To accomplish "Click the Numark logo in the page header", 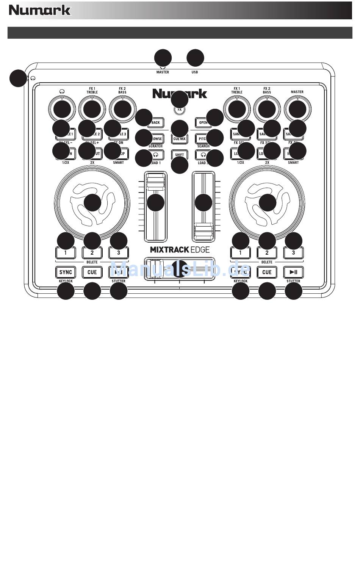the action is [x=40, y=10].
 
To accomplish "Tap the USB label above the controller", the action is [x=194, y=72].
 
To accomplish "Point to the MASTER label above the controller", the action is [x=163, y=72].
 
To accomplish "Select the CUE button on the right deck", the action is [x=267, y=272].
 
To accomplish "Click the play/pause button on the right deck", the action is [x=293, y=272].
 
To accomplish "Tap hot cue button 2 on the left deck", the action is [x=92, y=253].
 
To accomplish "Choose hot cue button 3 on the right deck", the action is [x=293, y=253].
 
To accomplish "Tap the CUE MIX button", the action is [x=180, y=139].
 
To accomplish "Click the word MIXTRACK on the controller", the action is [x=166, y=249].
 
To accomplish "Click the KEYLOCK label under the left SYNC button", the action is [x=66, y=281].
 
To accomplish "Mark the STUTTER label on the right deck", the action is [x=293, y=281].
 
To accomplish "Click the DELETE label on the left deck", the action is [x=92, y=262].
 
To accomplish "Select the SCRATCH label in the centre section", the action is [x=155, y=146].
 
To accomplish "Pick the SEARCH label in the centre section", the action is [x=203, y=146].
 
